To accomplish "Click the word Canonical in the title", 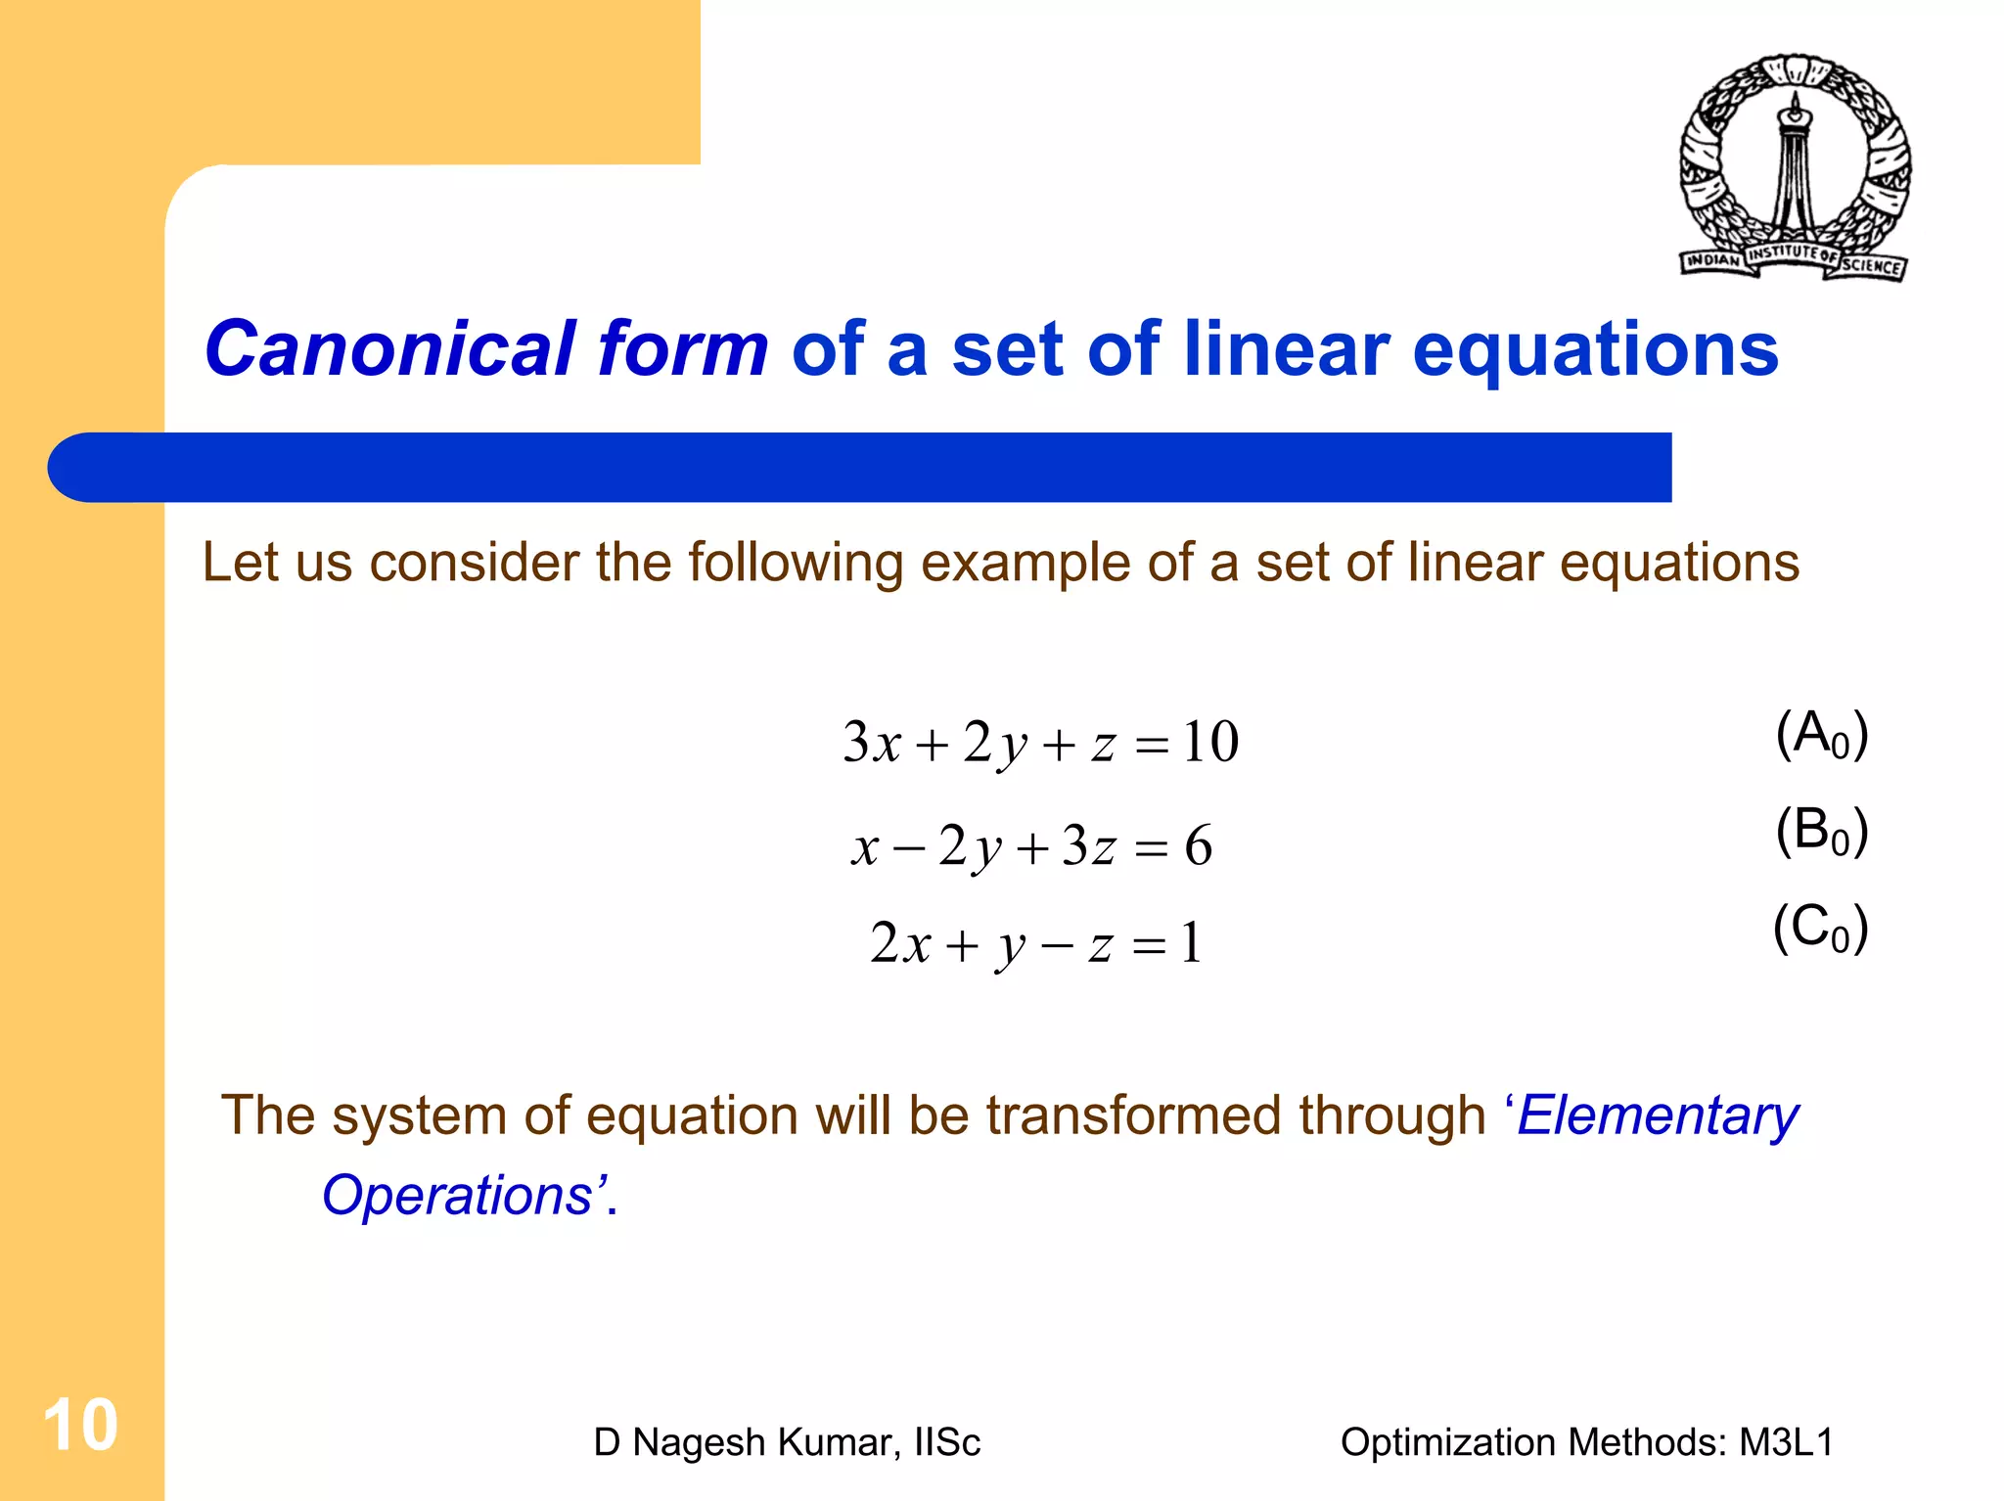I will click(389, 349).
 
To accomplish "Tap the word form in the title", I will click(683, 349).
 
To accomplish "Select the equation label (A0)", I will click(1821, 735).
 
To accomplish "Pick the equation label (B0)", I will click(1821, 832).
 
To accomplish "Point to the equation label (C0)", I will click(1820, 928).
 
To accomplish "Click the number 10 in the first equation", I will click(1209, 743).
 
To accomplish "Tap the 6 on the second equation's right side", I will click(1198, 845).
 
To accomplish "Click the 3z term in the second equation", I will click(1088, 845).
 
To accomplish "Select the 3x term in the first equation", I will click(871, 743).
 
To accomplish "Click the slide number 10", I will click(80, 1426).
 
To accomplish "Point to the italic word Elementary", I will click(1657, 1115).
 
